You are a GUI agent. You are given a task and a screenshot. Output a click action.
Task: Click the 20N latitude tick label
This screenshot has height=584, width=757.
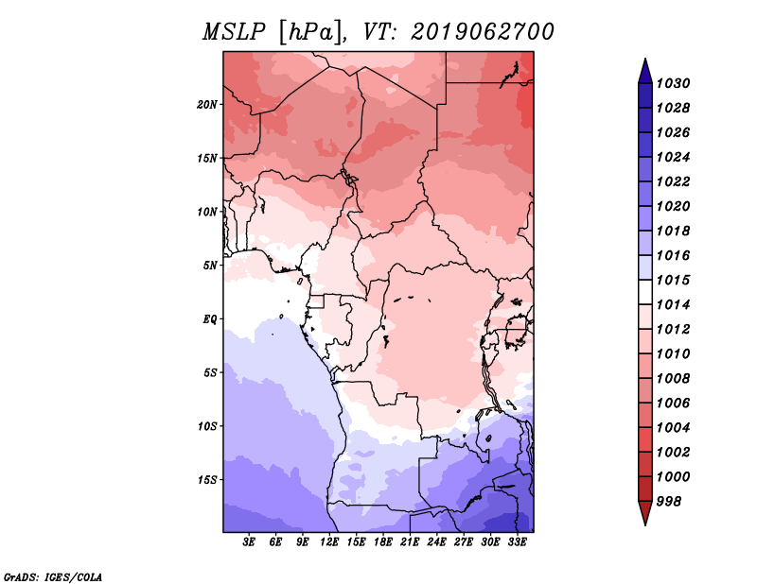pos(207,104)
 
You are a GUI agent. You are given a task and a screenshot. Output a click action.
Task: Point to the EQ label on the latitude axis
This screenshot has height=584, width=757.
pos(210,318)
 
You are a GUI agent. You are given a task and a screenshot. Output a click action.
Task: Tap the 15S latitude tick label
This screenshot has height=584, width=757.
pos(207,479)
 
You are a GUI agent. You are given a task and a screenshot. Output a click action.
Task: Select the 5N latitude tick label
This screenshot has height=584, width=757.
pos(210,266)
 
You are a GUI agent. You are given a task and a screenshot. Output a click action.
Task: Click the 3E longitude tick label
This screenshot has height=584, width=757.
pos(249,542)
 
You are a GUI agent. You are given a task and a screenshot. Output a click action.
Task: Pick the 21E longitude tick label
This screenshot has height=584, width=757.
pos(410,542)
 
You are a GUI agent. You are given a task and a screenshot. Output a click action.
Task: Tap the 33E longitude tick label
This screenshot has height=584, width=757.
pos(517,542)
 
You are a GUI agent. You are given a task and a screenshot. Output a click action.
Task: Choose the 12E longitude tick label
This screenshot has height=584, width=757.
pos(329,542)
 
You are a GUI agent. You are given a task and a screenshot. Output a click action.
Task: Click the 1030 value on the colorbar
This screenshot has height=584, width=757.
pos(673,83)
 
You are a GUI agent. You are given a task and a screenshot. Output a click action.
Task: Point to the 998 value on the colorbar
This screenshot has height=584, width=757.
pos(669,502)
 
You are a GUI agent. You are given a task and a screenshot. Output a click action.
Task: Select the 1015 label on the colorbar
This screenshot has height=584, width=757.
pos(673,280)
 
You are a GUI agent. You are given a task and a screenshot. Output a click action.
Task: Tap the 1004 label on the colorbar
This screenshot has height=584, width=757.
pos(673,428)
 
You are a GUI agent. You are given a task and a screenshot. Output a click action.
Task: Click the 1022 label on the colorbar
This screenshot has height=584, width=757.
pos(673,181)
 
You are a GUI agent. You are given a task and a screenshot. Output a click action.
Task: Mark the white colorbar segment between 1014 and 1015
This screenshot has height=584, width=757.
pos(645,292)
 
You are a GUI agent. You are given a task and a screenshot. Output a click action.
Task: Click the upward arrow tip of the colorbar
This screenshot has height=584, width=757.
pos(645,59)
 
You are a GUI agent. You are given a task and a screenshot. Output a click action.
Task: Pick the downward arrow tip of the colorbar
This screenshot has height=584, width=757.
pos(645,524)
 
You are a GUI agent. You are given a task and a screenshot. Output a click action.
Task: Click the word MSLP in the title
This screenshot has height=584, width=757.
pos(234,32)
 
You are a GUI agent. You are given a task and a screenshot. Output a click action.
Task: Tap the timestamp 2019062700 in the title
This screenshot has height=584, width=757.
pos(483,32)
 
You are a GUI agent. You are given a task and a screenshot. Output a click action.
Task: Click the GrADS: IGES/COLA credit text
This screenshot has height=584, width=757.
pos(53,576)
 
